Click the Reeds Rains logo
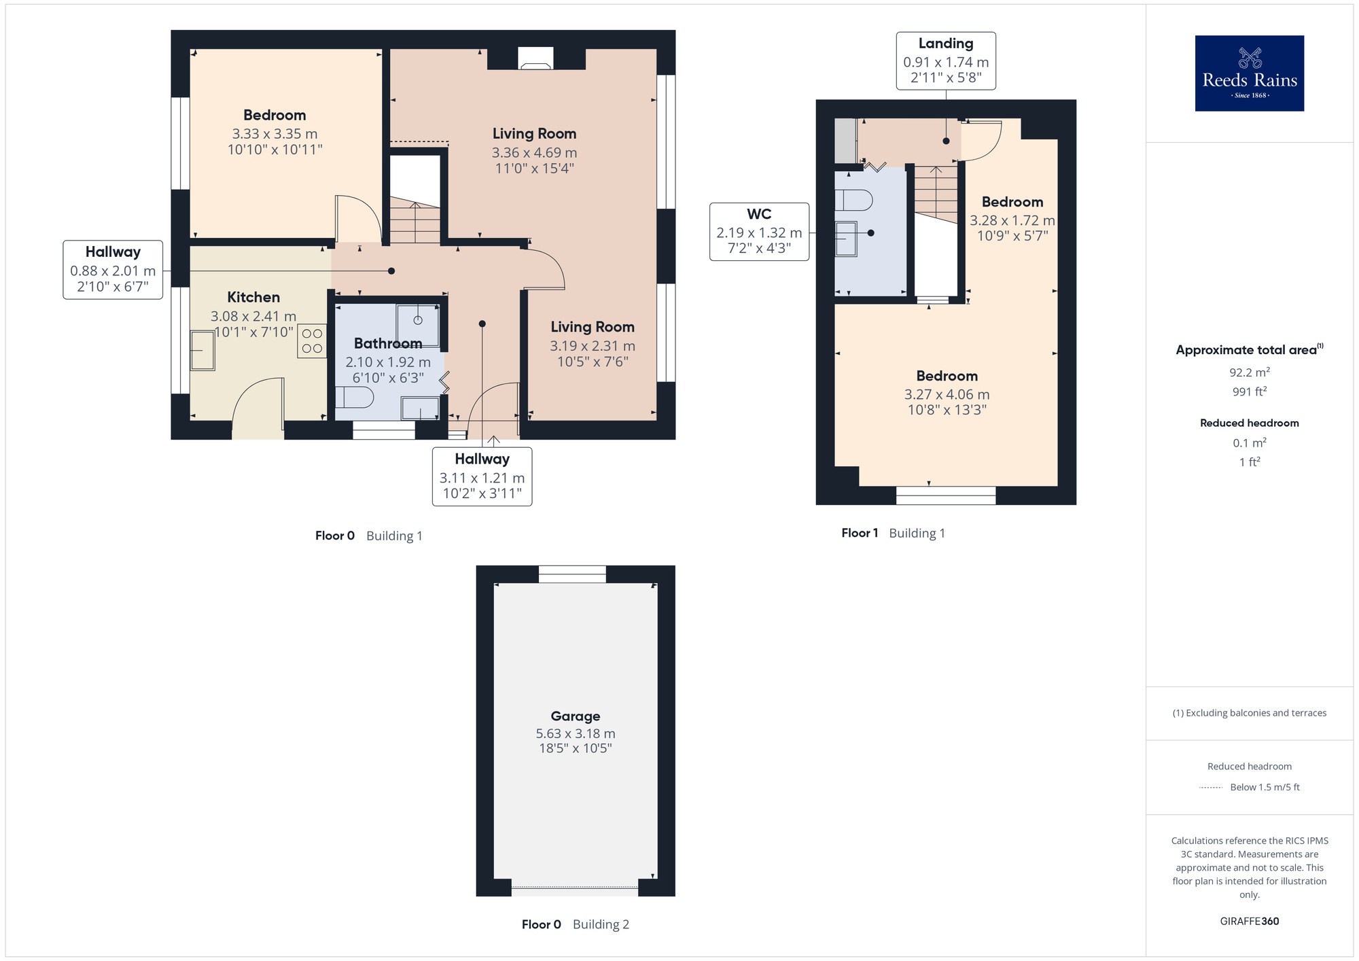[x=1249, y=73]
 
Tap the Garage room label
[x=575, y=716]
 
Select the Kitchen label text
[x=253, y=297]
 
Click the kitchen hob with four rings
[x=312, y=341]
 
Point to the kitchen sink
[x=202, y=350]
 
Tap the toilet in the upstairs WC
[x=853, y=200]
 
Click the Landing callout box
[x=945, y=60]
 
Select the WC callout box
[x=759, y=232]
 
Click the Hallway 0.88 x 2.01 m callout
[x=113, y=270]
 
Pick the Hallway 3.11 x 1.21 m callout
[x=482, y=476]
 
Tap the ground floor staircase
[x=414, y=221]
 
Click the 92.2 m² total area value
[x=1249, y=372]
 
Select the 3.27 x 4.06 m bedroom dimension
[x=947, y=394]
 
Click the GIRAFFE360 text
[x=1249, y=922]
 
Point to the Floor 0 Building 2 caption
[x=575, y=924]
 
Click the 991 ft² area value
[x=1249, y=391]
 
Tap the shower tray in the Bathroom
[x=418, y=325]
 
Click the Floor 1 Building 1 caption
[x=893, y=533]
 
